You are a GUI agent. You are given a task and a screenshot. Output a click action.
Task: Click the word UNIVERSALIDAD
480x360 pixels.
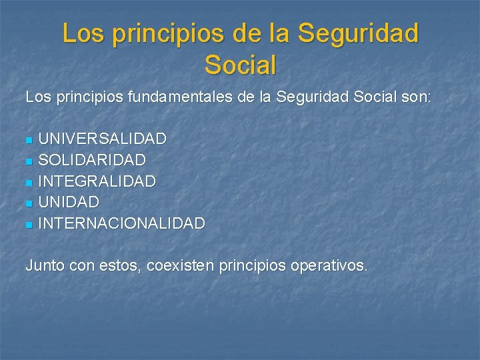click(x=102, y=139)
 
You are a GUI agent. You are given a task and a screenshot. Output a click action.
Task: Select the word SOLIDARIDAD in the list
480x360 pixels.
click(x=92, y=160)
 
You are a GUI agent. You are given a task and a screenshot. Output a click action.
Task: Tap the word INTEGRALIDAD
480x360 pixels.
click(x=97, y=181)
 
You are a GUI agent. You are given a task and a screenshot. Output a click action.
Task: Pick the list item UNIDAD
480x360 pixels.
click(x=69, y=202)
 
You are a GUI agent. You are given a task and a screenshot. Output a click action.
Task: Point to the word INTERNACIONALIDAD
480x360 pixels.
click(x=121, y=223)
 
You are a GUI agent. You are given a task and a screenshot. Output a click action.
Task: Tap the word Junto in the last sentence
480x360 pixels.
click(x=45, y=265)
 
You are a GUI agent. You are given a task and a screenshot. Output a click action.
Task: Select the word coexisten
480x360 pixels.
click(x=181, y=265)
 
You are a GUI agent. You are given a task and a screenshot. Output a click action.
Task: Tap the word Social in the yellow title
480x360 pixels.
click(x=240, y=65)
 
